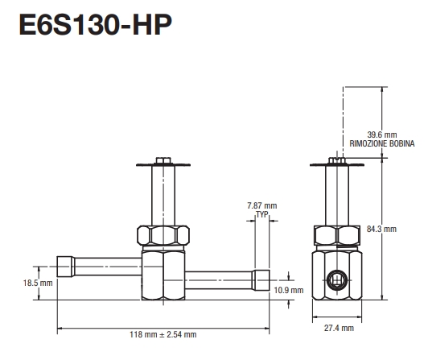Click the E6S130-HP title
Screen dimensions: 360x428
pyautogui.click(x=88, y=26)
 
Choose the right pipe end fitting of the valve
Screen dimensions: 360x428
pyautogui.click(x=261, y=280)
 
